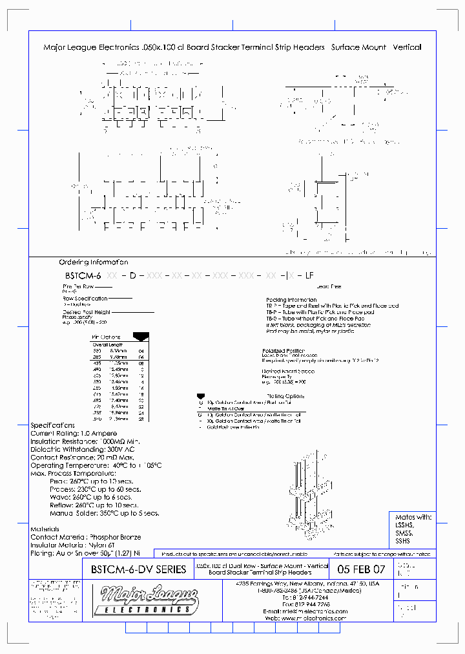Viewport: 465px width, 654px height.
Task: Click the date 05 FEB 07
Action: point(360,569)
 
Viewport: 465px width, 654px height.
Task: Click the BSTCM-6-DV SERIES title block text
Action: point(135,569)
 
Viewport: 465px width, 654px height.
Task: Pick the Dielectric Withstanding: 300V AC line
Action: point(82,449)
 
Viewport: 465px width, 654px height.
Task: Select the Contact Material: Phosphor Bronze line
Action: point(86,537)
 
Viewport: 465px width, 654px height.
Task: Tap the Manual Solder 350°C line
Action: point(104,513)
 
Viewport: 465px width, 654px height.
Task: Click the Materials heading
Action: point(45,529)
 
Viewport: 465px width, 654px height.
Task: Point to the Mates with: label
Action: point(413,517)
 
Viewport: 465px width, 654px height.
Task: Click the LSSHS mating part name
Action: point(403,525)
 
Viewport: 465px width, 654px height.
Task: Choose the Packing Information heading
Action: point(291,300)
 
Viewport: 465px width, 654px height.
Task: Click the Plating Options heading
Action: point(284,396)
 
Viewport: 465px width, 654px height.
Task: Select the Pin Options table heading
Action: point(107,337)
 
